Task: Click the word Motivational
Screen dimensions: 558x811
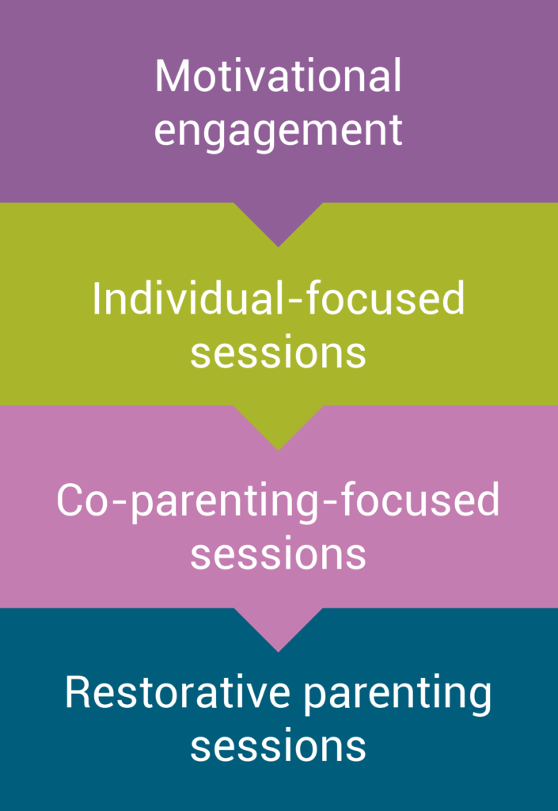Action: (278, 76)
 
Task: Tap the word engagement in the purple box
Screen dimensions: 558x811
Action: (278, 132)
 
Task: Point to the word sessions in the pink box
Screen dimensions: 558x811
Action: (278, 555)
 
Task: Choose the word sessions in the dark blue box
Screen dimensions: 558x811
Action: (278, 747)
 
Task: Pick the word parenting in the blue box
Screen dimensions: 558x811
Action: (397, 696)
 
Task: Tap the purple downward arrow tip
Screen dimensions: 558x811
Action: (278, 246)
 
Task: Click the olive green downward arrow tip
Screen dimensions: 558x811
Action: (278, 450)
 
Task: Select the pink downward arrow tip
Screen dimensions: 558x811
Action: (278, 651)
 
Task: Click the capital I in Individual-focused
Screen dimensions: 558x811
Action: (96, 299)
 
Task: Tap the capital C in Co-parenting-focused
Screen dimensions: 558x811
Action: (70, 501)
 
